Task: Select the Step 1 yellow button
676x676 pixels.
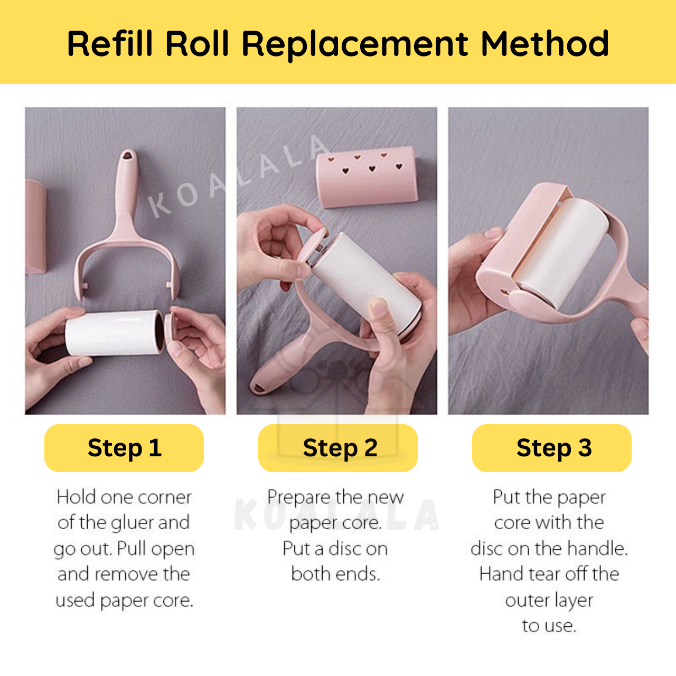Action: click(x=124, y=448)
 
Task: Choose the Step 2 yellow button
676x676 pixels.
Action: click(x=338, y=448)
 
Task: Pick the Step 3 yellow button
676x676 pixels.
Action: click(x=552, y=448)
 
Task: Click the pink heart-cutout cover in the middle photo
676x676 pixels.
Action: click(x=367, y=177)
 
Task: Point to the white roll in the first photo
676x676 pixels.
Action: click(x=115, y=333)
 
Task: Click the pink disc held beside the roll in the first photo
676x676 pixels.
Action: click(x=171, y=333)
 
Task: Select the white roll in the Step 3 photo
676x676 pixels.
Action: click(x=562, y=252)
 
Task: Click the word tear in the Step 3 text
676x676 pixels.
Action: click(x=545, y=575)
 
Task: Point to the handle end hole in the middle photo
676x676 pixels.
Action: click(x=259, y=388)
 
